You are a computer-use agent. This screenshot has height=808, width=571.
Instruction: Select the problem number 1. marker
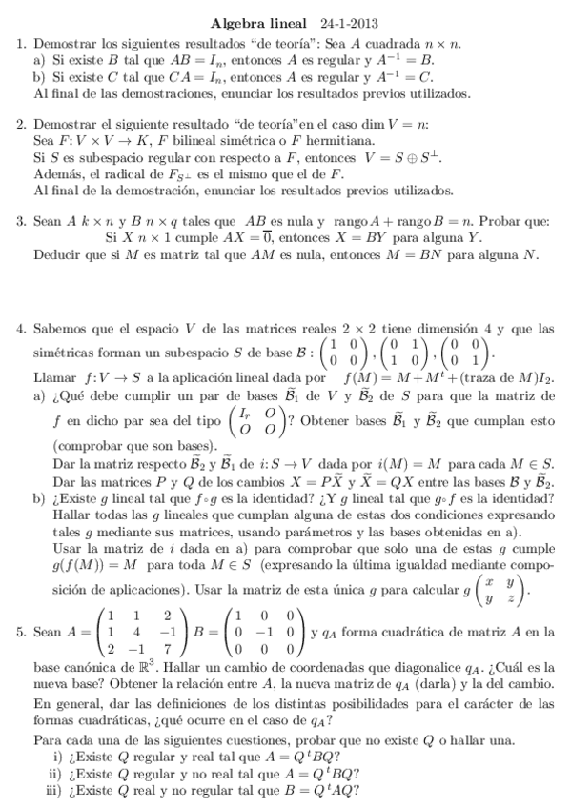coord(22,43)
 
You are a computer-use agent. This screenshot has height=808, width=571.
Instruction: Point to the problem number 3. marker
coord(22,222)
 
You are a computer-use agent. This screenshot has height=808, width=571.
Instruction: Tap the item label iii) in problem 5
coord(55,790)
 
